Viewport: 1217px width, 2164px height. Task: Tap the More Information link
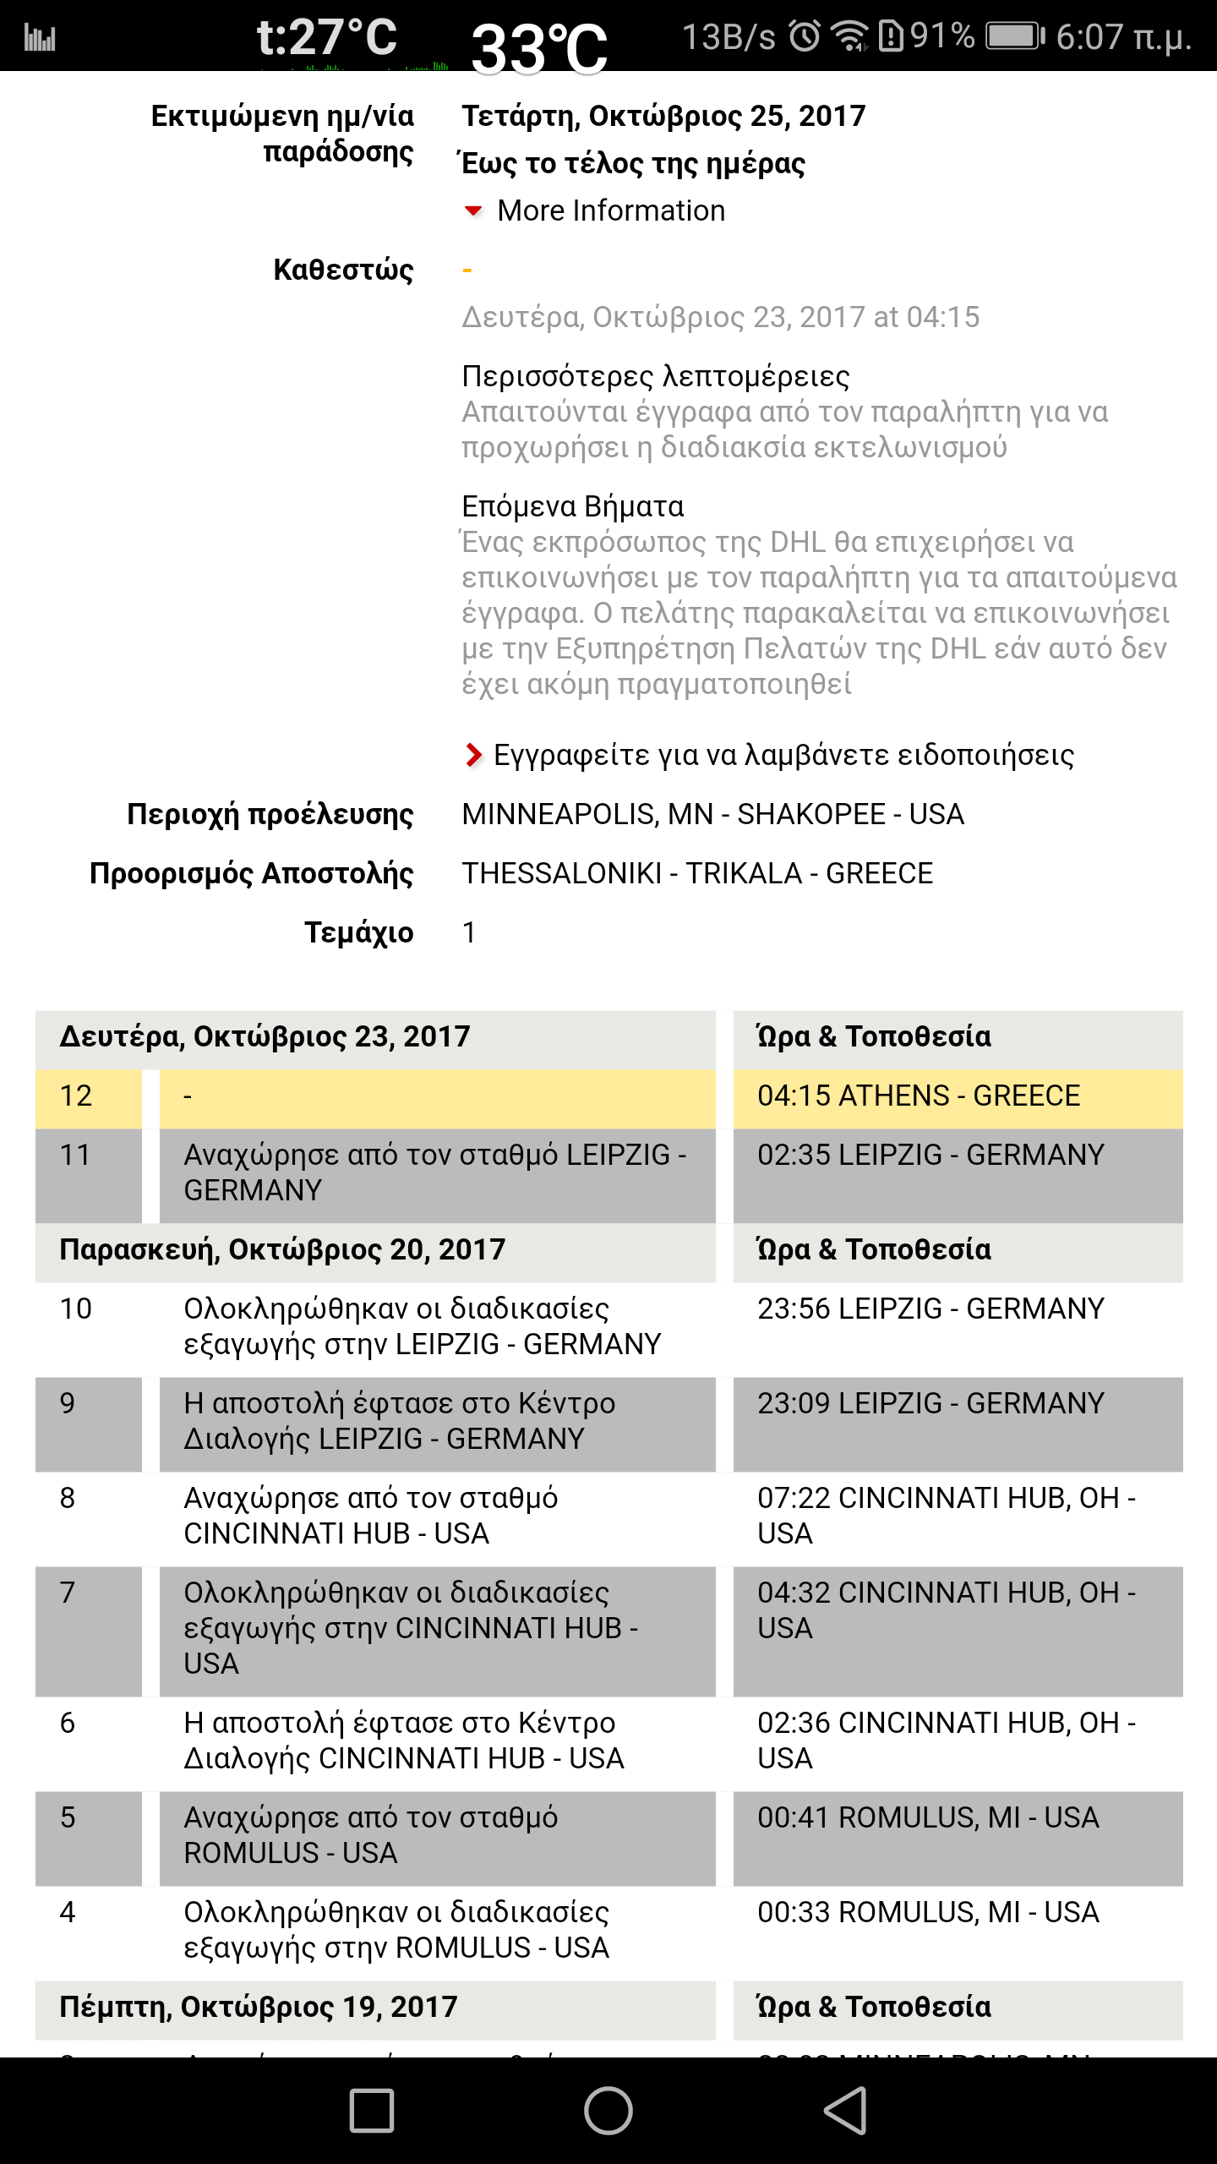610,210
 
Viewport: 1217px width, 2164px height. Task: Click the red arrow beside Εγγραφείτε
473,754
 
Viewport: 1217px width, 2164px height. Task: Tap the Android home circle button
608,2110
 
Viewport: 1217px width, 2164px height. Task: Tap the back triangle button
845,2110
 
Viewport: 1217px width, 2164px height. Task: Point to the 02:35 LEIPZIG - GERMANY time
930,1155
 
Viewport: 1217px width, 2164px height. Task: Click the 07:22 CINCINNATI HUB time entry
945,1515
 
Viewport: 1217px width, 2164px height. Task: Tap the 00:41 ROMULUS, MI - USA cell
928,1817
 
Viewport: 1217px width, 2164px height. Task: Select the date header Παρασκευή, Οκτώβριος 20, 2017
282,1249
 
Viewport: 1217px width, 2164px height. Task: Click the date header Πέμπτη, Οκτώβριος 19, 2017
259,2007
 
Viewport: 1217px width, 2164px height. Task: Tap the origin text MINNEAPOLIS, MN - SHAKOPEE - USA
712,814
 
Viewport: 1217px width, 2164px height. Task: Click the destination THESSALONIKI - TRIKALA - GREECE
697,873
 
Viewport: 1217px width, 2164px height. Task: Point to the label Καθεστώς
343,270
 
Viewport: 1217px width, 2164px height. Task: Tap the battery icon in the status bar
1014,36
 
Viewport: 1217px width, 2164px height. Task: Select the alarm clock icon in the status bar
805,36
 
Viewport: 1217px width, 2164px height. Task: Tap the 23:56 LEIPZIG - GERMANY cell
930,1309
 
